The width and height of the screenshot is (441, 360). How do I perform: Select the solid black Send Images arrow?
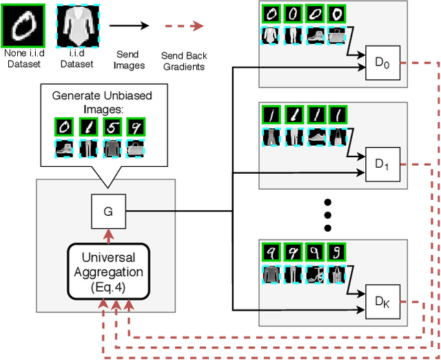(130, 26)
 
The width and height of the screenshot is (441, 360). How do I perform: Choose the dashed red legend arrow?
(184, 26)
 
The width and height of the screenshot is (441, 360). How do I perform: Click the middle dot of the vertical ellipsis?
(328, 214)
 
